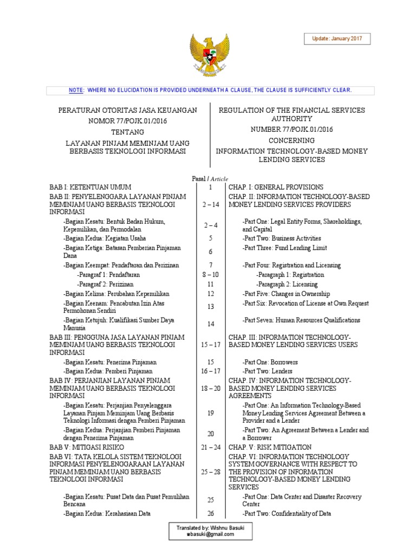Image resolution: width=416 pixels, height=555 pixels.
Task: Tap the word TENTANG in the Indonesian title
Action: pos(128,132)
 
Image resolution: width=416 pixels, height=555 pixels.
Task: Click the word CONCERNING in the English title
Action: pos(291,140)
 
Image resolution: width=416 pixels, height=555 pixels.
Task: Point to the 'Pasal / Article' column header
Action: pos(210,179)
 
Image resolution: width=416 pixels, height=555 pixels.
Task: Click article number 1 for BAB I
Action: pos(210,187)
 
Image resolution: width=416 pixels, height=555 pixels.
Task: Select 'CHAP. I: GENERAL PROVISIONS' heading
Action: pos(276,187)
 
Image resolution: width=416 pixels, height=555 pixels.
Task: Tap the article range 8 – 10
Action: pos(210,275)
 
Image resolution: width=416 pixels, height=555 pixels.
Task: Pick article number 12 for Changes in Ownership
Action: pos(210,293)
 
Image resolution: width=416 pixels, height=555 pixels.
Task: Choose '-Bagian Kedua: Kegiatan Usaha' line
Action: pos(104,238)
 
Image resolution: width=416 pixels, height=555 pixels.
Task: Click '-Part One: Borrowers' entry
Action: pos(270,362)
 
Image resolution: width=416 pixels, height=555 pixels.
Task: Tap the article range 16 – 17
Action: pos(210,371)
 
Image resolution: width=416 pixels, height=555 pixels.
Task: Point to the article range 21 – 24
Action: pos(210,447)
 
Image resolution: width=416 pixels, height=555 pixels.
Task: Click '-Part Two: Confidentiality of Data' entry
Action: pos(287,513)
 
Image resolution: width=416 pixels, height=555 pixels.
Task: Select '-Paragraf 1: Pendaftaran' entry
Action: pos(108,275)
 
